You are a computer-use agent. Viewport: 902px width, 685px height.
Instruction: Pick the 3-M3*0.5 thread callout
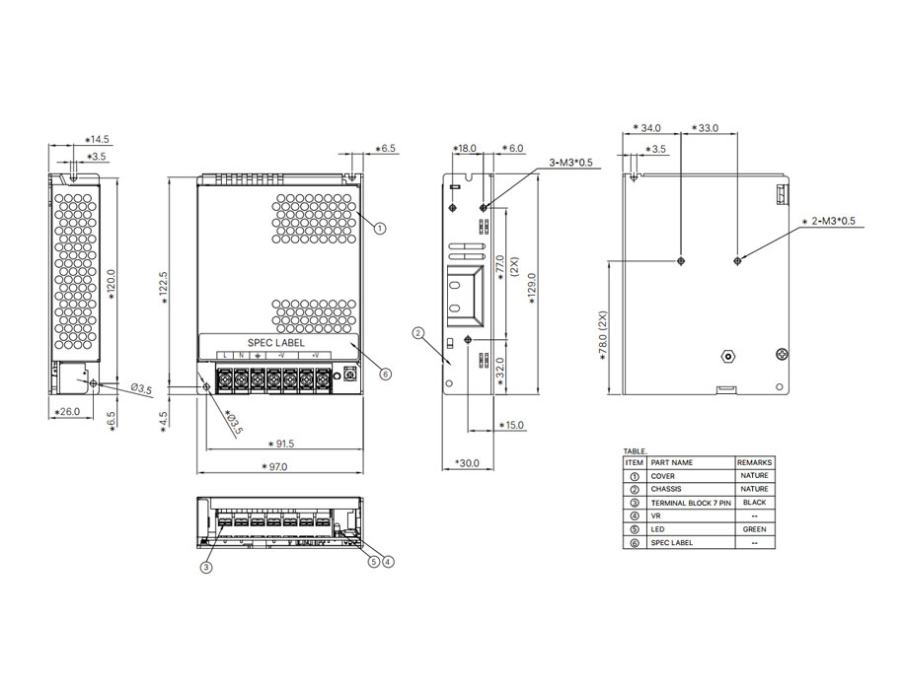click(x=571, y=163)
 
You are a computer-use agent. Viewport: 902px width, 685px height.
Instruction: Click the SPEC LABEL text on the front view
click(x=269, y=343)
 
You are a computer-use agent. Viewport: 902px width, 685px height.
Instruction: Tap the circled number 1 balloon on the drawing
click(x=380, y=228)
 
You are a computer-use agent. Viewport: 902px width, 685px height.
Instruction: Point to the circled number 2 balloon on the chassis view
click(x=418, y=333)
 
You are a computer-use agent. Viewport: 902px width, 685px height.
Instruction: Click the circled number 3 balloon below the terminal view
click(x=206, y=567)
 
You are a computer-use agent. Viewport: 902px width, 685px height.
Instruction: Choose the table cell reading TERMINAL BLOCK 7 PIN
click(x=691, y=503)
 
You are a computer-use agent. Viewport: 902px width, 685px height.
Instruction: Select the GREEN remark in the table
click(x=754, y=529)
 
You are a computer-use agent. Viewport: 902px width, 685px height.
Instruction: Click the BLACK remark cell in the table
click(x=754, y=503)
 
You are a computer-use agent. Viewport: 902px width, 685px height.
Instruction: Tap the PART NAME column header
click(x=672, y=462)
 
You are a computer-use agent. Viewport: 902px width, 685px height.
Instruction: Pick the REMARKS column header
click(x=754, y=462)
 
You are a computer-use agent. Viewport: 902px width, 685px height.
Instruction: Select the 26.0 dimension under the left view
click(x=67, y=411)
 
